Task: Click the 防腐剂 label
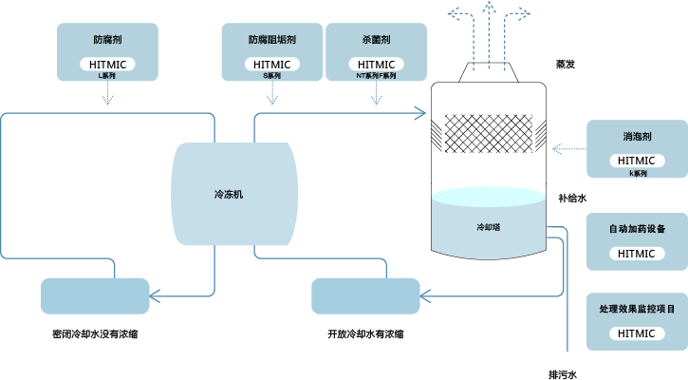pos(106,41)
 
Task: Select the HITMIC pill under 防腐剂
pos(106,64)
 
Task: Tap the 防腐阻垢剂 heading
pos(272,41)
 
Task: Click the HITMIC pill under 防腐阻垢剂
pos(272,64)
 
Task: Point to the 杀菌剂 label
pos(376,41)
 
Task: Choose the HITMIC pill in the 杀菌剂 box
pos(376,64)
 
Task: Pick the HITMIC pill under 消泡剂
pos(637,161)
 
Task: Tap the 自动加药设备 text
pos(637,229)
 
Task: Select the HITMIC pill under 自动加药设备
pos(637,254)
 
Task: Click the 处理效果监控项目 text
pos(637,310)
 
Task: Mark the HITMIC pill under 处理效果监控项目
pos(637,333)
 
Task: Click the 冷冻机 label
pos(229,194)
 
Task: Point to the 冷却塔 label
pos(488,227)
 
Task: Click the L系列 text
pos(106,75)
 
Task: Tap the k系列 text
pos(637,174)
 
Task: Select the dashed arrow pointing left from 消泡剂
pos(568,148)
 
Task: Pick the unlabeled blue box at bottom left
pos(95,295)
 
